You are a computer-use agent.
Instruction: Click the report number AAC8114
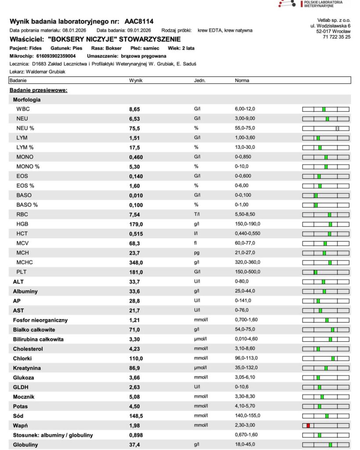point(139,21)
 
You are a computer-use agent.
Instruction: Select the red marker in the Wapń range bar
point(308,425)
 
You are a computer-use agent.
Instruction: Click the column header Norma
point(242,81)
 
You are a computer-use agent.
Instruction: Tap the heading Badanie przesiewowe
point(38,90)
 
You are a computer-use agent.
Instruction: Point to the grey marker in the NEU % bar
point(337,128)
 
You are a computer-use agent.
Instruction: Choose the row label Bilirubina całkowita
point(38,339)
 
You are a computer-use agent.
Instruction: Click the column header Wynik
point(136,81)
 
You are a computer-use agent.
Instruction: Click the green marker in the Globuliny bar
point(330,445)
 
